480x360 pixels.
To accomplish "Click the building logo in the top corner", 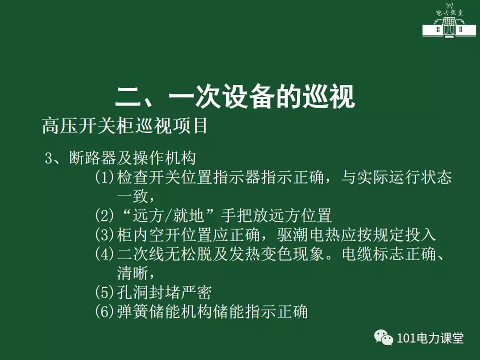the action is (449, 20).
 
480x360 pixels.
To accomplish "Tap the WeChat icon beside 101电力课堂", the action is (383, 337).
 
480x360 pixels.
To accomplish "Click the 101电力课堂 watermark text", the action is (430, 338).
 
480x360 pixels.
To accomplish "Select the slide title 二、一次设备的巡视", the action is (235, 96).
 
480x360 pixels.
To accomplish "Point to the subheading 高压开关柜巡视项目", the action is (125, 125).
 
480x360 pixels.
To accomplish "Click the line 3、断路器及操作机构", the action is (120, 158).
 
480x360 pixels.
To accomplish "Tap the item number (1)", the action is (104, 177).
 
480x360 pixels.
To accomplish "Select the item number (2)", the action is (104, 215).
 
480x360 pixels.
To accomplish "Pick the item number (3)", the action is (104, 234).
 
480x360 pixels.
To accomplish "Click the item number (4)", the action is (104, 254).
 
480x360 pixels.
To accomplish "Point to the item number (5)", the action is (104, 292).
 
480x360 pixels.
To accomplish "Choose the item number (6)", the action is (104, 311).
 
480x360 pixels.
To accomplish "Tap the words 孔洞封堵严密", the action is (164, 292).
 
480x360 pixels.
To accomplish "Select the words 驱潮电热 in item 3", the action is (309, 234).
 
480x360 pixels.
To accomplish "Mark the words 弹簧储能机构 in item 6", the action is (164, 311).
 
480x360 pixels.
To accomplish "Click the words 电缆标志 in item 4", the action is (373, 254).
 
